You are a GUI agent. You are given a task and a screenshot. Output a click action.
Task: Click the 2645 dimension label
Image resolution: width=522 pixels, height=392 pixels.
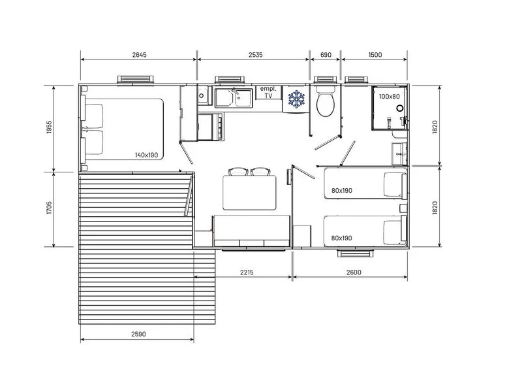pyautogui.click(x=139, y=55)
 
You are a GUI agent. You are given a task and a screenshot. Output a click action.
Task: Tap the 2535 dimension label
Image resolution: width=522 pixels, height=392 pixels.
pyautogui.click(x=255, y=55)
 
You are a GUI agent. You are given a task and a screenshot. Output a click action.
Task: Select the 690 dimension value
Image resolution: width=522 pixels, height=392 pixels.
pyautogui.click(x=326, y=55)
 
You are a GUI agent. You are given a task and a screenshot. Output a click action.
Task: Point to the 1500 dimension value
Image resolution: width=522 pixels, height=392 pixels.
pyautogui.click(x=375, y=55)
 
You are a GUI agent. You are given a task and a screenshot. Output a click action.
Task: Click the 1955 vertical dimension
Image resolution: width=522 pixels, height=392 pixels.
pyautogui.click(x=50, y=127)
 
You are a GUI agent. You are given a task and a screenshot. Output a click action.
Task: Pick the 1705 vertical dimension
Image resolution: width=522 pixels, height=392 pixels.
pyautogui.click(x=50, y=208)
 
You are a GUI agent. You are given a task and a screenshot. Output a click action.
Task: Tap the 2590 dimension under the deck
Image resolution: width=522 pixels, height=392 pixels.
pyautogui.click(x=138, y=334)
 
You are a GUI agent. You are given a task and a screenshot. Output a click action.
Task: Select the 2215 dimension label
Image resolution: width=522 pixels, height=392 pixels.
pyautogui.click(x=247, y=272)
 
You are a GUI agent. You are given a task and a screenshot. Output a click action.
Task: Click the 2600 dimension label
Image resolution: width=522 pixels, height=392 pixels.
pyautogui.click(x=354, y=272)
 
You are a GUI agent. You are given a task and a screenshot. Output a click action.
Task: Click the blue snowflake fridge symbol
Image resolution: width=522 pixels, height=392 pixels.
pyautogui.click(x=296, y=99)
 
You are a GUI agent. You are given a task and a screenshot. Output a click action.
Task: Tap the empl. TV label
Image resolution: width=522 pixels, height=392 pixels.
pyautogui.click(x=268, y=92)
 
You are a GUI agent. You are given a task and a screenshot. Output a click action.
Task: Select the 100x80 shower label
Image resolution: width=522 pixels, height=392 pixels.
pyautogui.click(x=389, y=97)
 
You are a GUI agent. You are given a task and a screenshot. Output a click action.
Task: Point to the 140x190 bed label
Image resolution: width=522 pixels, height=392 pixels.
pyautogui.click(x=146, y=155)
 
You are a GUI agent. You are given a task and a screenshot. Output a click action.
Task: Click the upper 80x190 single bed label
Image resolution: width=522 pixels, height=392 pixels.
pyautogui.click(x=341, y=191)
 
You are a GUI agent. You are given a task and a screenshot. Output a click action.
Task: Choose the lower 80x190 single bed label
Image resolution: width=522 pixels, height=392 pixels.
pyautogui.click(x=341, y=238)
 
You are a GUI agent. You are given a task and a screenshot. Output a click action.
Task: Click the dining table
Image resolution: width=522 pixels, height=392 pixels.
pyautogui.click(x=249, y=193)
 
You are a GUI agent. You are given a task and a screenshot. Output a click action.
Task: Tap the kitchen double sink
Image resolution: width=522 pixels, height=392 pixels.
pyautogui.click(x=234, y=97)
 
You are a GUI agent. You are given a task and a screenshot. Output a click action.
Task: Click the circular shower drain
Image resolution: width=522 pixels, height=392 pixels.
pyautogui.click(x=399, y=108)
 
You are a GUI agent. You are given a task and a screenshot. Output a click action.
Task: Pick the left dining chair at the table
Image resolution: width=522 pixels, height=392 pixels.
pyautogui.click(x=238, y=172)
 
